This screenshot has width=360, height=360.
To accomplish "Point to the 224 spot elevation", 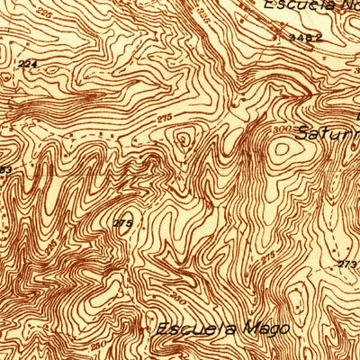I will click(x=27, y=64).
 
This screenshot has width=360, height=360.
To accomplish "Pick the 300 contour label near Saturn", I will click(x=274, y=130).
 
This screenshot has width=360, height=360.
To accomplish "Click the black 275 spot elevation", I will click(x=123, y=223).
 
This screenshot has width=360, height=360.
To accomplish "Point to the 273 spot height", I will click(x=347, y=264).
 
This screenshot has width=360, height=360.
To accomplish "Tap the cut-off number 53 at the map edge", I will click(x=4, y=170).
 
